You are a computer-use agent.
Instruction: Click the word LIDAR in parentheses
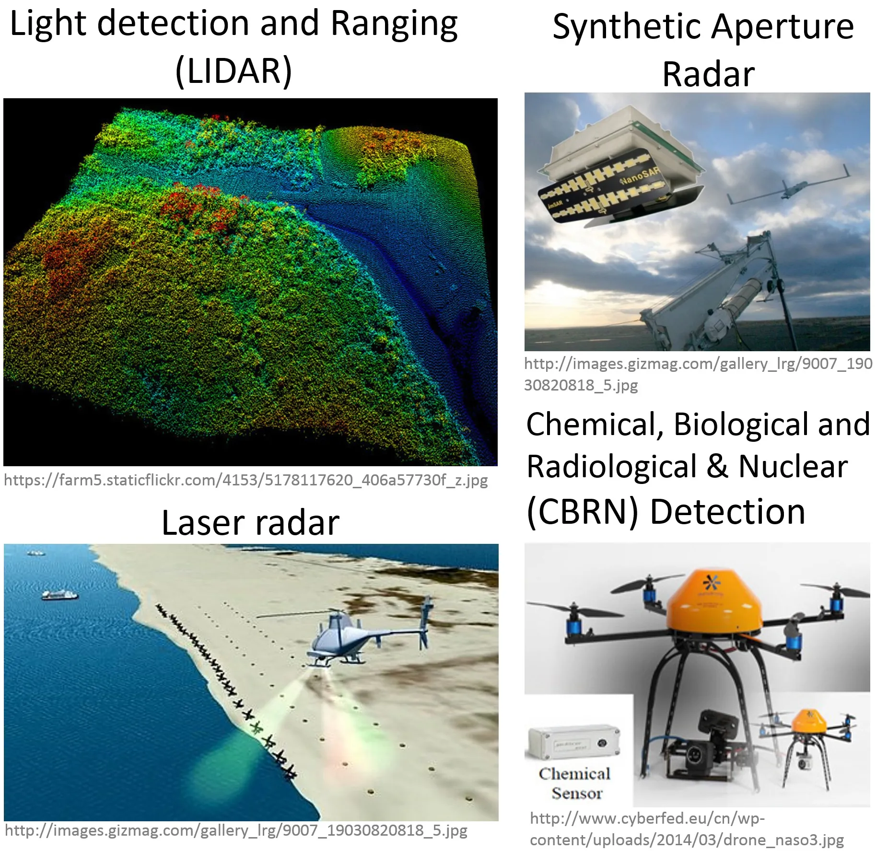(x=234, y=71)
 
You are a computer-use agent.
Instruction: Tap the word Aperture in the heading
(x=783, y=27)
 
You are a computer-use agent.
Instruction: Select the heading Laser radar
(x=250, y=522)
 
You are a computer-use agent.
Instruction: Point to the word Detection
(x=727, y=511)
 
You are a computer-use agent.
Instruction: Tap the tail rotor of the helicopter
(x=425, y=623)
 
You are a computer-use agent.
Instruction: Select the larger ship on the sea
(x=59, y=595)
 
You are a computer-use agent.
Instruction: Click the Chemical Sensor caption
(x=576, y=783)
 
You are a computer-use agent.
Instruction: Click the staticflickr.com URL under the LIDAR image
(x=245, y=480)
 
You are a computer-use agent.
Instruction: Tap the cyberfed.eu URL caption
(x=687, y=829)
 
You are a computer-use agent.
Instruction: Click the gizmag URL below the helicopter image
(x=236, y=830)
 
